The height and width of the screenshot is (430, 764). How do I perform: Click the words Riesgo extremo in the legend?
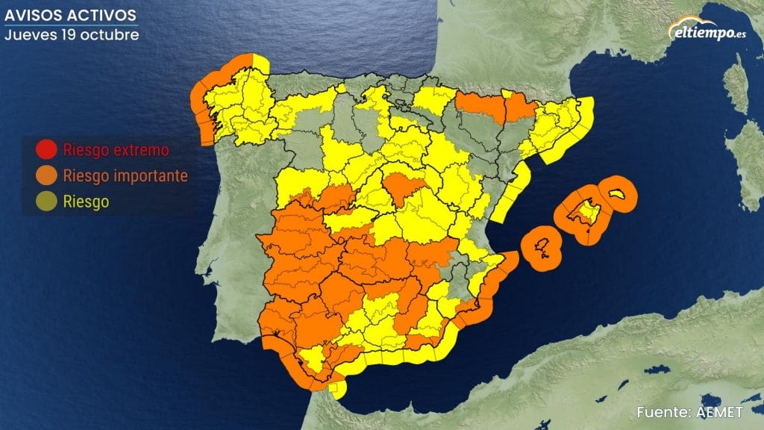(116, 150)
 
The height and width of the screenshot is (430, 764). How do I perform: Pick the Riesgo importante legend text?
(125, 176)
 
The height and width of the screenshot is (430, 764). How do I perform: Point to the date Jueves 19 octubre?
(72, 34)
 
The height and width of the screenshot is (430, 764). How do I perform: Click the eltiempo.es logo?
(708, 31)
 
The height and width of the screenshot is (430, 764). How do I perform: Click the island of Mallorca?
(583, 215)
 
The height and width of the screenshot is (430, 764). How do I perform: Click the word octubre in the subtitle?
(113, 34)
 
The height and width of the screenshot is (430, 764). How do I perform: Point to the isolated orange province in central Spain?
(404, 190)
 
